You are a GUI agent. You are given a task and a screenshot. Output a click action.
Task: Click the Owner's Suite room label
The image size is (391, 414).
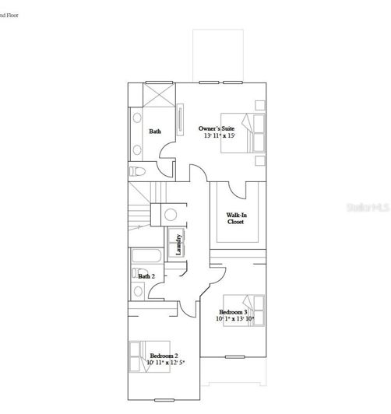tap(217, 128)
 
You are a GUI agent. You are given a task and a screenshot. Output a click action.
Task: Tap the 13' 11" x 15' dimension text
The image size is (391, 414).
tap(219, 135)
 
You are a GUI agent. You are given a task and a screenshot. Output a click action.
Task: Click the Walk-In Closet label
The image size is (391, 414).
tap(235, 218)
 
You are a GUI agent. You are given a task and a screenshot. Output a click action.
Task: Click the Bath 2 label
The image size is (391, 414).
tap(146, 276)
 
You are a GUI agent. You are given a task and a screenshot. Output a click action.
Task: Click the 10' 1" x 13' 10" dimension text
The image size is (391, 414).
tap(235, 319)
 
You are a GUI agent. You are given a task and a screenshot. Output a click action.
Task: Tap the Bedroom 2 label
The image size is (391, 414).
tap(164, 355)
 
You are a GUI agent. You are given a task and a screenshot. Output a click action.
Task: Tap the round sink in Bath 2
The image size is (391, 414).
tap(139, 291)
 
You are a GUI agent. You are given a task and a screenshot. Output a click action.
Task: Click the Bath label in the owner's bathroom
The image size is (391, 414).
tap(155, 132)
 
